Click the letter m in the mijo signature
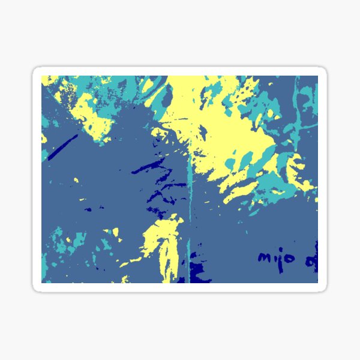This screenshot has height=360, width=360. click(x=265, y=257)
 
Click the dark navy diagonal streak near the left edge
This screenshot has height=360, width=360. click(x=63, y=147)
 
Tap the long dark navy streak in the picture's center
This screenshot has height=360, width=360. click(x=147, y=166)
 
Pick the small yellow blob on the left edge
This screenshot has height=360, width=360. click(x=44, y=138)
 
